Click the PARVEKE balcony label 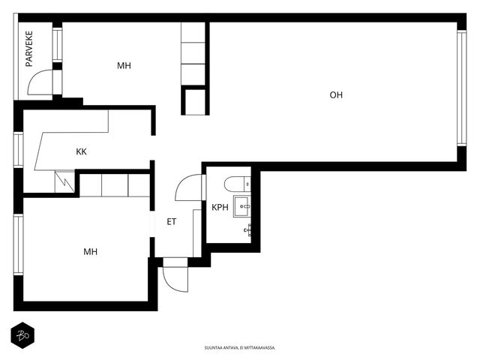coord(29,49)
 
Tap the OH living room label coord(336,95)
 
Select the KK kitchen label coord(81,151)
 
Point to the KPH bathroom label coord(220,207)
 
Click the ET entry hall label coord(172,222)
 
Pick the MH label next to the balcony coord(124,65)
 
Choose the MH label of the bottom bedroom coord(90,252)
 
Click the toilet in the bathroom coord(237,184)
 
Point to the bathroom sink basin coord(241,207)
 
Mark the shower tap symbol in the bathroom coord(248,230)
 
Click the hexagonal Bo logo coord(22,335)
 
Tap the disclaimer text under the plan coord(240,348)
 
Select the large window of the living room coord(462,88)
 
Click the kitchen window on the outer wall coord(18,149)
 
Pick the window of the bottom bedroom coord(18,244)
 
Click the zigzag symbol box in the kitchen coord(64,181)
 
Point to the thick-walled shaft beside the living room coord(195,100)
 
